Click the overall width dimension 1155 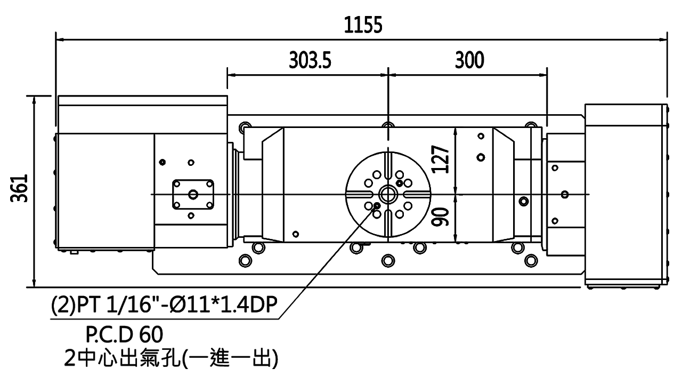[x=362, y=25]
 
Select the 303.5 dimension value [x=310, y=60]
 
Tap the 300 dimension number [x=469, y=60]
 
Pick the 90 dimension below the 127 [x=440, y=217]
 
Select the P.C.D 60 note [x=124, y=335]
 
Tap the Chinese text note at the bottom [x=170, y=358]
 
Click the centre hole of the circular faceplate [x=387, y=193]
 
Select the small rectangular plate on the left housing [x=193, y=194]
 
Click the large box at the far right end [x=624, y=195]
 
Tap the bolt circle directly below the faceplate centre [x=387, y=261]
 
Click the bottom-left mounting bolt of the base [x=245, y=261]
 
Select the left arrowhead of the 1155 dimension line [x=60, y=39]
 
